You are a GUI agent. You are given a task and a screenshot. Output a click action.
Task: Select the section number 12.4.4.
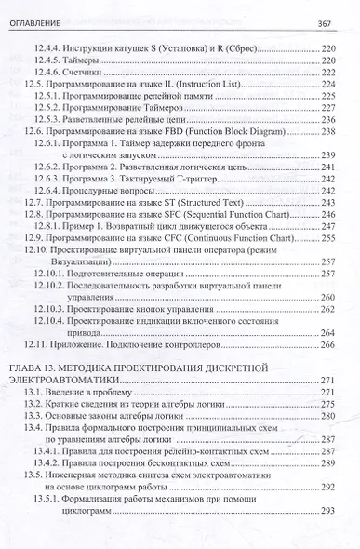pyautogui.click(x=73, y=45)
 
